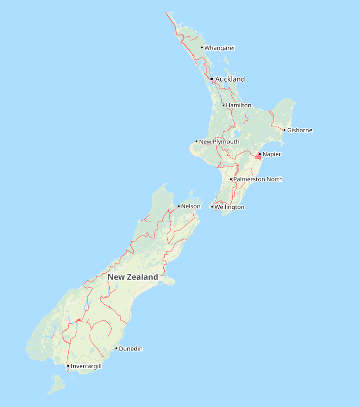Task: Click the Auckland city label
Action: [230, 79]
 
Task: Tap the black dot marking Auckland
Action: [211, 79]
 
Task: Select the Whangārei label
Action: [219, 48]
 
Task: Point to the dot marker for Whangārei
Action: [202, 48]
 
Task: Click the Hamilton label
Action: [239, 105]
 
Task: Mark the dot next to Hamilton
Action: [223, 105]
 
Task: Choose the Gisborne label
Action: [300, 130]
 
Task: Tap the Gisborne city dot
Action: [285, 130]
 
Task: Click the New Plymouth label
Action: [219, 142]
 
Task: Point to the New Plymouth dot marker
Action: [197, 142]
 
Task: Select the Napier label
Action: [272, 154]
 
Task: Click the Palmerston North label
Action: [258, 179]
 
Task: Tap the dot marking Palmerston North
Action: [231, 179]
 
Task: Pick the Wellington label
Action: [229, 207]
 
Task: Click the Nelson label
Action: [191, 206]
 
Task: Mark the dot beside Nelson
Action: [179, 206]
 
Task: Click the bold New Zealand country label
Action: [133, 277]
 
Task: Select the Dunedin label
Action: [131, 349]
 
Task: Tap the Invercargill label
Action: [86, 366]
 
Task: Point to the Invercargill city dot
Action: [68, 366]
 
